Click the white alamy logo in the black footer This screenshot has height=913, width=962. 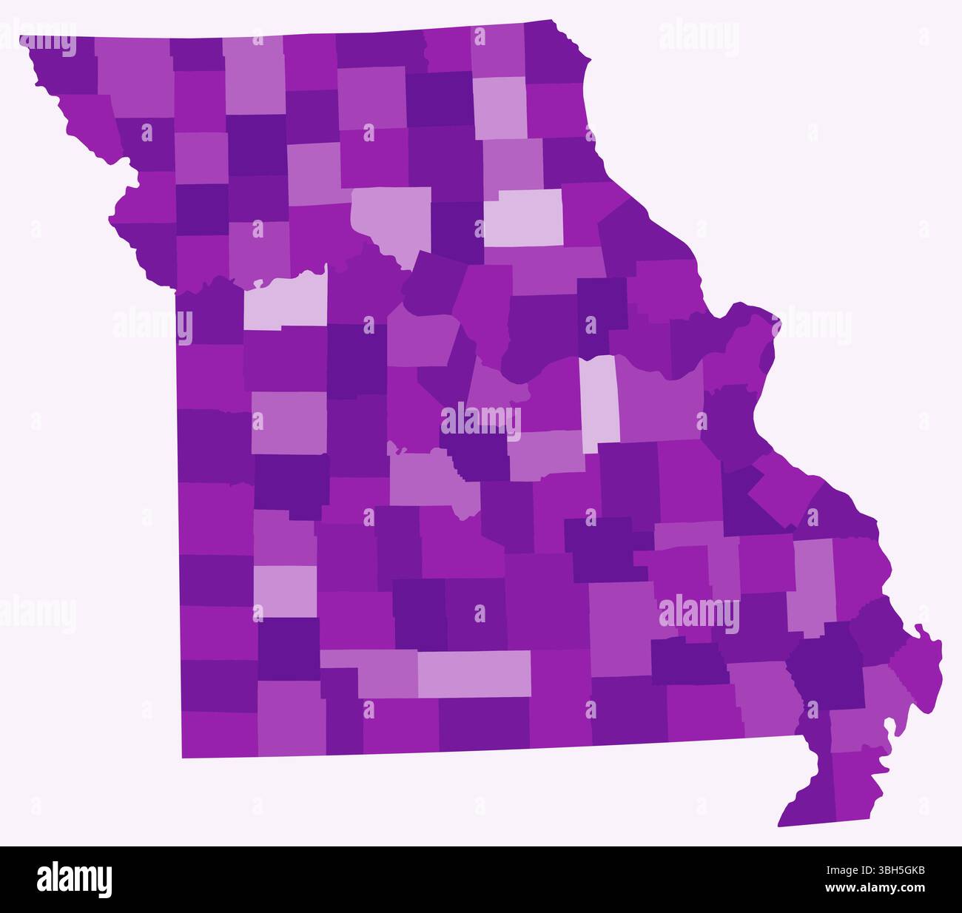[75, 879]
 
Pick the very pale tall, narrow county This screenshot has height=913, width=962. [598, 403]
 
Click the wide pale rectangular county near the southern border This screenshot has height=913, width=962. [474, 673]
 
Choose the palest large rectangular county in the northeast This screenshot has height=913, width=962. [523, 218]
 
